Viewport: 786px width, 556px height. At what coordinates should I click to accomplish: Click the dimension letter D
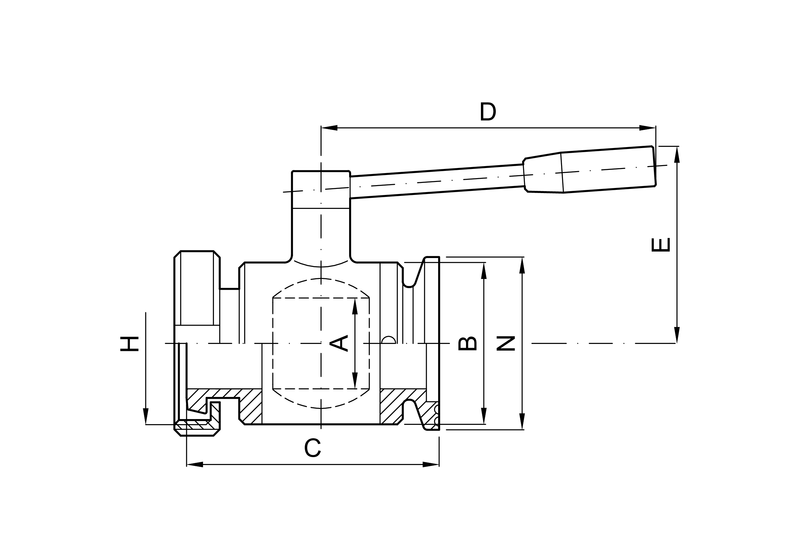click(488, 111)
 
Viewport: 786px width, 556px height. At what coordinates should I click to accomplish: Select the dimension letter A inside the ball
click(339, 343)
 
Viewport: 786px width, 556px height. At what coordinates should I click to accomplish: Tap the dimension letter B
click(468, 344)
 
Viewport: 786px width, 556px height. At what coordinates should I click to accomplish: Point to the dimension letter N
click(506, 344)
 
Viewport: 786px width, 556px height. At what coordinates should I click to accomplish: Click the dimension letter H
click(129, 344)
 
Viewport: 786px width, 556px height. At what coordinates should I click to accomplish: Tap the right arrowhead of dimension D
click(647, 128)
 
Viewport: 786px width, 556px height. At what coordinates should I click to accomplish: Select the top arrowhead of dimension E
click(677, 155)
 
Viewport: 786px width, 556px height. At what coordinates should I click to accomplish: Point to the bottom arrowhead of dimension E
click(677, 335)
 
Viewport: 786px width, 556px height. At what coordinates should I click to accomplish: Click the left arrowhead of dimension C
click(195, 464)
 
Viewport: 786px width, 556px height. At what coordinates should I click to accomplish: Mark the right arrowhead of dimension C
click(431, 464)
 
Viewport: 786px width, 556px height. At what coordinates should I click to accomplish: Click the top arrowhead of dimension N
click(522, 266)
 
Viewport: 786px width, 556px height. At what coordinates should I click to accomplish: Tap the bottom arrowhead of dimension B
click(484, 416)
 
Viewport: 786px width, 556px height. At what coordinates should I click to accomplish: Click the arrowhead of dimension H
click(146, 416)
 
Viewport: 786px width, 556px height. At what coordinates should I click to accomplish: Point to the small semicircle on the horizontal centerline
click(388, 340)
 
